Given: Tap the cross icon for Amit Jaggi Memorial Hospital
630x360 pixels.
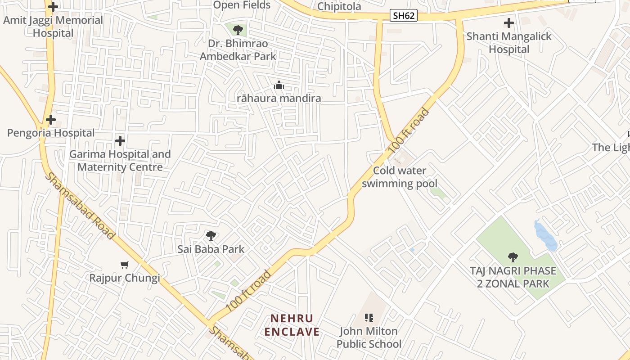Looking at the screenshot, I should pos(53,7).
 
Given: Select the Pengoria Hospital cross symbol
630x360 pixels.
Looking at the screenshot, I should pos(51,120).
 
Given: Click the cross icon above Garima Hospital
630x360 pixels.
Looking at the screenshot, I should pos(120,141).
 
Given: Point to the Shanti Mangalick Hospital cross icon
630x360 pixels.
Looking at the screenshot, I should pos(509,23).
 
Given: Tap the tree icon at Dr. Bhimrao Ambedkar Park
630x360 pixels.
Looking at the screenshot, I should pos(238,30).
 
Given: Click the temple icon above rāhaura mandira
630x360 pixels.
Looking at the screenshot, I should pos(279,85).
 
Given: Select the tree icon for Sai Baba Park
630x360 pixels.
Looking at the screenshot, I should pos(211,235).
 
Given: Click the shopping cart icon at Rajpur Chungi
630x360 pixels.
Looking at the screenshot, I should pos(125,265).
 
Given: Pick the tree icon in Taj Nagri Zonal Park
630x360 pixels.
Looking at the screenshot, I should pos(513,257).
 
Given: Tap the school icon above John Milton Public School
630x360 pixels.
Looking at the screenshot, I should pos(369,318).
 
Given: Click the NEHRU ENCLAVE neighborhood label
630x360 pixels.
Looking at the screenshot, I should pos(292,325).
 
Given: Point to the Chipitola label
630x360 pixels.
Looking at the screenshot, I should pos(339,6).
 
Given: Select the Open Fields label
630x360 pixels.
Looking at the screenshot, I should pos(242,5).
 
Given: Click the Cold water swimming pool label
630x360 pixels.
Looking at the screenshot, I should pos(400,177).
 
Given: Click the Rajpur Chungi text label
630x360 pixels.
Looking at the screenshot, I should pos(124,278).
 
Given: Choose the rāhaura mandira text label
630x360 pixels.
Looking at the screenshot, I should pos(279,98).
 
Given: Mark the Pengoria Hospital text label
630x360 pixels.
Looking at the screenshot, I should pos(51,133).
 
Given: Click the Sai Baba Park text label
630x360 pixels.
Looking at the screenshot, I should pos(211,249).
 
